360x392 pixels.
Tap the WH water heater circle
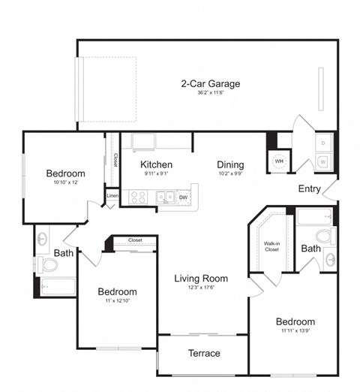point(278,161)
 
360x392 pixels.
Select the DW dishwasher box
point(183,198)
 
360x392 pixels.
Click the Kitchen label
point(156,164)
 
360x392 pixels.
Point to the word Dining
point(230,164)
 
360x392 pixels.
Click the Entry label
point(309,188)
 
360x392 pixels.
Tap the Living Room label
point(201,278)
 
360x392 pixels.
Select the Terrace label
point(203,353)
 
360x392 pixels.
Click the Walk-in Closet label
point(272,246)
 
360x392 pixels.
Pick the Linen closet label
point(112,196)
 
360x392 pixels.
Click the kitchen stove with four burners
point(138,198)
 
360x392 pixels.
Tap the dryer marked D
point(323,142)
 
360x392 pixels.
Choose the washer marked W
point(323,161)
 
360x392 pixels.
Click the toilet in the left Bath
point(49,264)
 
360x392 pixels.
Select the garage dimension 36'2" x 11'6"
point(200,93)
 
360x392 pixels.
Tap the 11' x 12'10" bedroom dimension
point(116,302)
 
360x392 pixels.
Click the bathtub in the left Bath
point(56,286)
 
